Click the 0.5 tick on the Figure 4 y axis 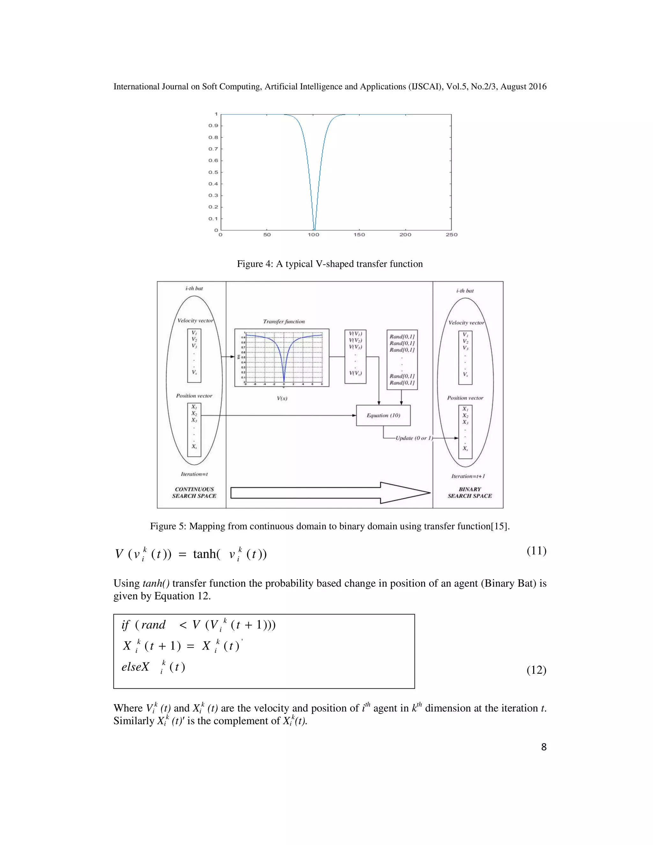[214, 172]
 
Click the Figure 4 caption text [330, 264]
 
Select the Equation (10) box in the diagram [383, 415]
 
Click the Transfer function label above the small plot [284, 321]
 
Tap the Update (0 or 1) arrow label [414, 438]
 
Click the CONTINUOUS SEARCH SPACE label [194, 493]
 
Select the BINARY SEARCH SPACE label [470, 493]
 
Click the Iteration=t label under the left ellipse [194, 474]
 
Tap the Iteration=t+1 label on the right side [468, 476]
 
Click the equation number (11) [536, 551]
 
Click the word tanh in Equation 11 [205, 554]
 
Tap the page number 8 [544, 747]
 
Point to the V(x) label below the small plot [282, 399]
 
